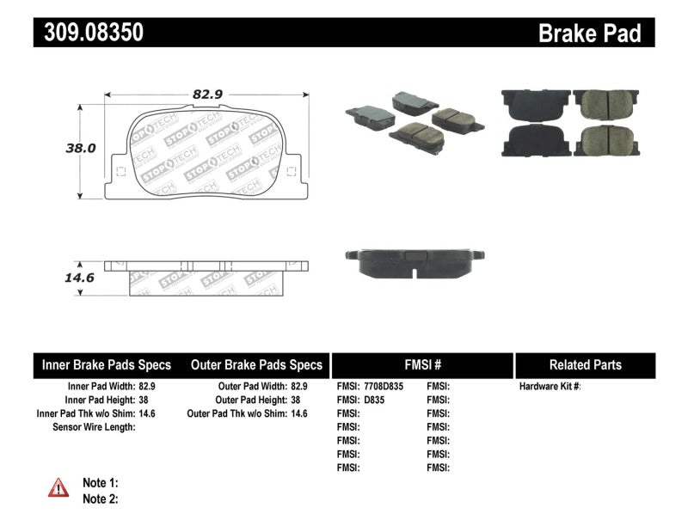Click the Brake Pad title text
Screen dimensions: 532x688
point(589,34)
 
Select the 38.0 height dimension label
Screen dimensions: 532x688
point(81,148)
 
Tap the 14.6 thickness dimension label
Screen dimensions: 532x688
point(81,278)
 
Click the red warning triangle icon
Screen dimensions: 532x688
point(59,488)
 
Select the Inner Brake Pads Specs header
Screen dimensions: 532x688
point(107,365)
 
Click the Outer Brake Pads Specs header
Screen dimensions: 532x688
point(256,365)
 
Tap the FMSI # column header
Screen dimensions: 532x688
point(422,365)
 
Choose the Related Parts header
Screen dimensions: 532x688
point(586,365)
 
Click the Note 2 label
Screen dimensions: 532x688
point(100,498)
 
